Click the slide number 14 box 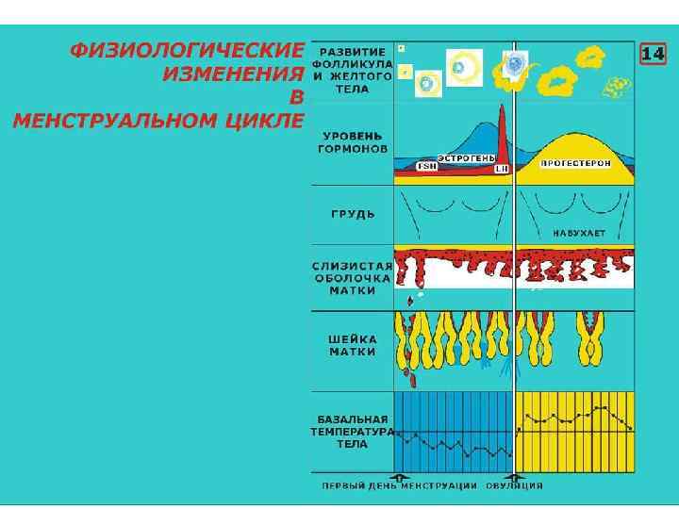point(653,54)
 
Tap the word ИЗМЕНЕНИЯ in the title point(233,74)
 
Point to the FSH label point(427,167)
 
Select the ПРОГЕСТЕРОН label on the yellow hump point(575,163)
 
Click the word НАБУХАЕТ point(579,232)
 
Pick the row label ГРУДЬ point(353,214)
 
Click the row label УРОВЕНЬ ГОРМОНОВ point(352,141)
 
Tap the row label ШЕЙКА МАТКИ point(353,345)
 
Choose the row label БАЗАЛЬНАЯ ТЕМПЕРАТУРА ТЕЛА point(353,431)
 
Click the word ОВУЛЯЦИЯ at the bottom point(514,486)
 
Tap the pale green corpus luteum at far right point(617,88)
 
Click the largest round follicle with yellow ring point(464,67)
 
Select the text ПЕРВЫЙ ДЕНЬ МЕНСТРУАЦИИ point(400,486)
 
